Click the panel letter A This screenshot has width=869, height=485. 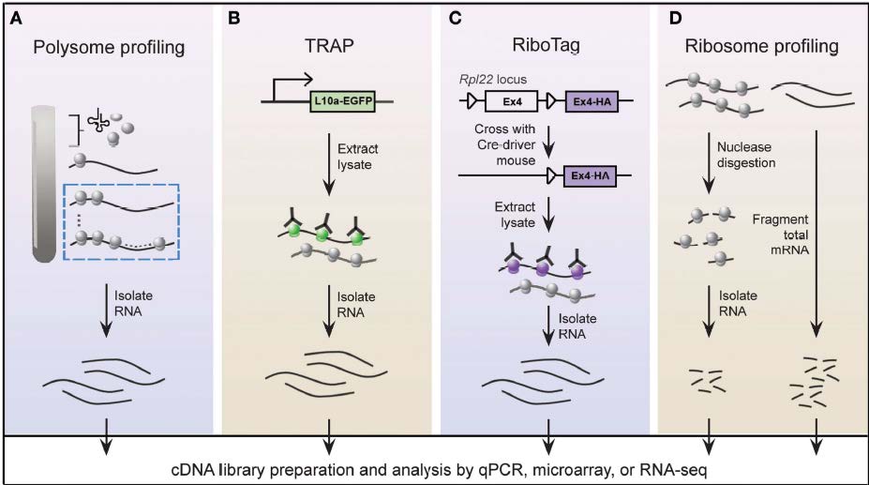click(16, 19)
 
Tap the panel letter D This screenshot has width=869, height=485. click(675, 19)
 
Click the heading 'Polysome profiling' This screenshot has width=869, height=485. click(109, 47)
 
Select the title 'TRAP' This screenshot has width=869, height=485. click(329, 46)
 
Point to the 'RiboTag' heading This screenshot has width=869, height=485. click(546, 46)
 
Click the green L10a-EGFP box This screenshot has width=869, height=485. click(342, 101)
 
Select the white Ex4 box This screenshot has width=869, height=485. click(512, 101)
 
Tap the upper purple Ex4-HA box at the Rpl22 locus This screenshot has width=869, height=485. click(592, 101)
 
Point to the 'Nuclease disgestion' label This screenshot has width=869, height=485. click(745, 155)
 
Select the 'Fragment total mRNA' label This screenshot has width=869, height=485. click(780, 235)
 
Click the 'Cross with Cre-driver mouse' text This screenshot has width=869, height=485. click(505, 144)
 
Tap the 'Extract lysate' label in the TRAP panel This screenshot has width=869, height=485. click(357, 157)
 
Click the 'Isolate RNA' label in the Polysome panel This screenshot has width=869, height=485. click(133, 303)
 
